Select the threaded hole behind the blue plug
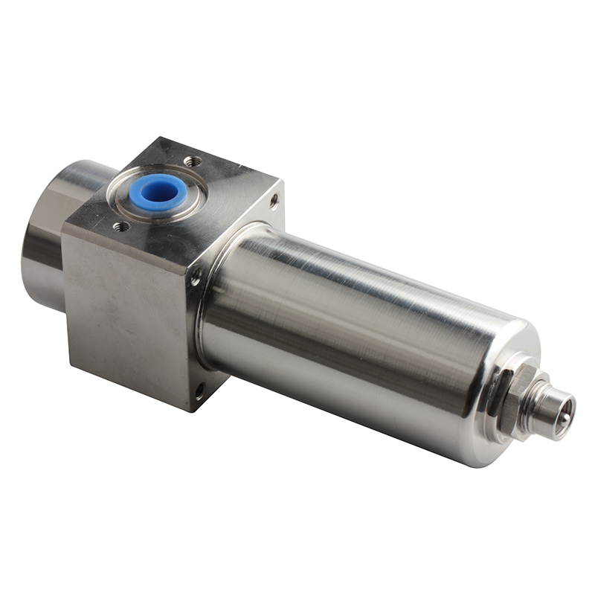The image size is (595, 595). tap(193, 161)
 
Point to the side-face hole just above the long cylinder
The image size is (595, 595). tap(196, 280)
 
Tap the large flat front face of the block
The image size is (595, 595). tap(126, 312)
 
